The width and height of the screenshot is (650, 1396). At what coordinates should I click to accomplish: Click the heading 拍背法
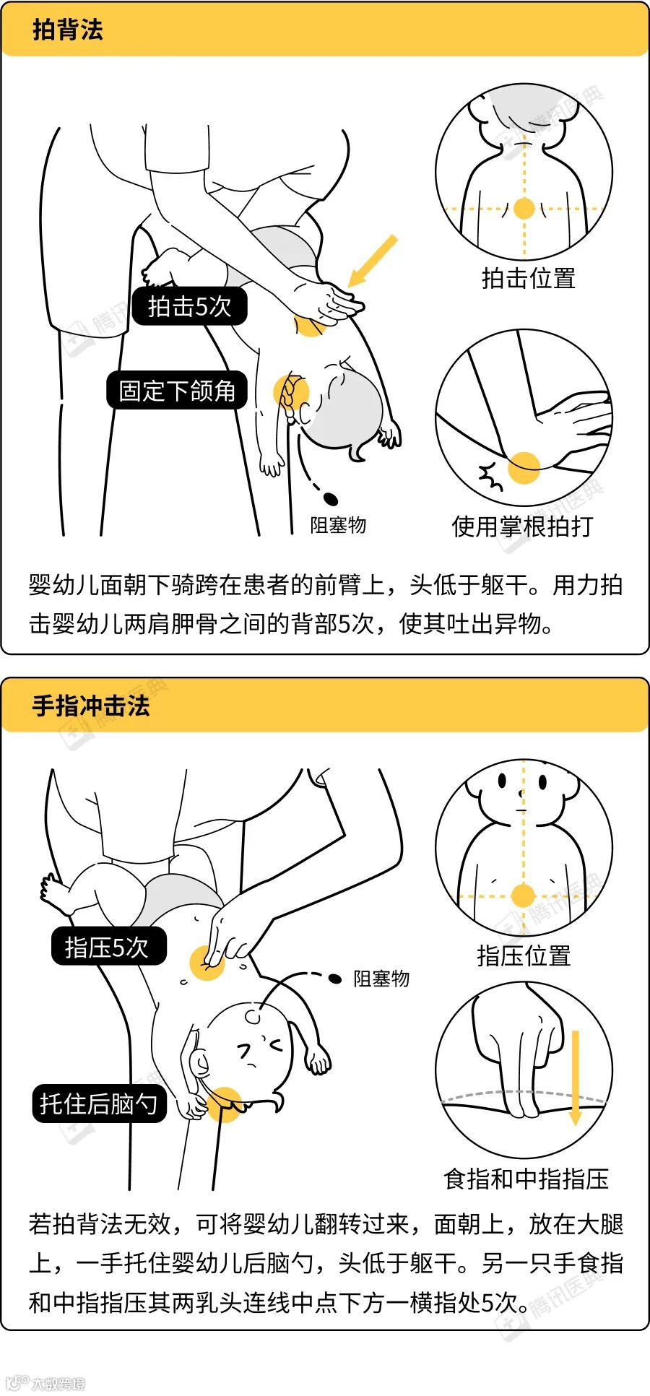(68, 30)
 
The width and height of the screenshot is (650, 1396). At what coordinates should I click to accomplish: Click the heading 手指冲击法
(91, 706)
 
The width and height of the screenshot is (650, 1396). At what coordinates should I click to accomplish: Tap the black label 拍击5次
(189, 306)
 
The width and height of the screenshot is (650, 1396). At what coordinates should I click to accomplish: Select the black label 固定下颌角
(177, 391)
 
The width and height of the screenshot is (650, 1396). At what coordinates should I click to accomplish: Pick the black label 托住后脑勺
(99, 1104)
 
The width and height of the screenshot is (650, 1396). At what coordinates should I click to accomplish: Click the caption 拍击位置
(529, 278)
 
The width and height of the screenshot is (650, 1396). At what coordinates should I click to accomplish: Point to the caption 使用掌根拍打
(522, 526)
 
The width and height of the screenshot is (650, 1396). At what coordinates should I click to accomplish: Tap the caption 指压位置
(524, 955)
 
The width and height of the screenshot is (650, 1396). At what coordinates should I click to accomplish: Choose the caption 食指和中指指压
(526, 1179)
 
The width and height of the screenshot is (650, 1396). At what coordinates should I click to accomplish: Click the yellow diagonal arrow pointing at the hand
(373, 261)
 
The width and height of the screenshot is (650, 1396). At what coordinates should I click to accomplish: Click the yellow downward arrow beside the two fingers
(575, 1078)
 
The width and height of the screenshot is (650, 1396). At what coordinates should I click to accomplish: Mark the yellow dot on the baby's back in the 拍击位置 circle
(524, 209)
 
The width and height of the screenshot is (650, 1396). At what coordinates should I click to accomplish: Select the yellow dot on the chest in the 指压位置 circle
(523, 896)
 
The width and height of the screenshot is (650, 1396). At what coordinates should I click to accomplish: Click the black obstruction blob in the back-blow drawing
(331, 498)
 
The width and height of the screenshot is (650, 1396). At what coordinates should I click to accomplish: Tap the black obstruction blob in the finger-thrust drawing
(335, 979)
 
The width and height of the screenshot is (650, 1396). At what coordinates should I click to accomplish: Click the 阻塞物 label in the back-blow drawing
(338, 525)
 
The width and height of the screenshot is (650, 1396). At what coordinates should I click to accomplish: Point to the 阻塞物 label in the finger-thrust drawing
(381, 979)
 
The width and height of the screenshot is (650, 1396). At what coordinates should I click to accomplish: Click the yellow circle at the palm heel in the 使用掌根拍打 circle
(524, 467)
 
